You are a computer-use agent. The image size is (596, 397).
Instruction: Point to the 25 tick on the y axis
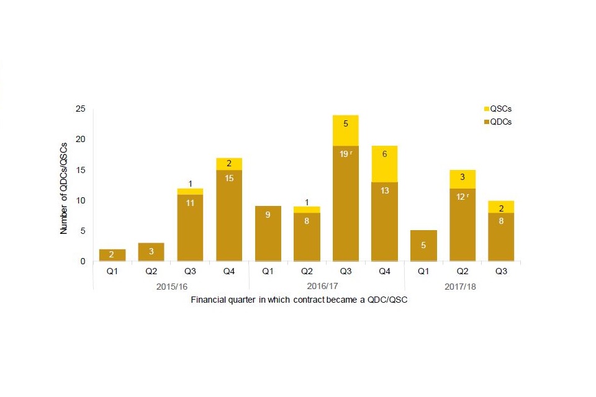tap(80, 109)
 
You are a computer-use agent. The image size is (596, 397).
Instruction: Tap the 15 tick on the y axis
tap(80, 170)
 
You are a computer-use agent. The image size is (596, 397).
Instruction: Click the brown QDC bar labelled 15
tap(228, 215)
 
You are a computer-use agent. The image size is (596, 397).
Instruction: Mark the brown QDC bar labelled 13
tap(384, 221)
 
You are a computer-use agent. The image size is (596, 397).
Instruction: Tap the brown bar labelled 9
tap(268, 234)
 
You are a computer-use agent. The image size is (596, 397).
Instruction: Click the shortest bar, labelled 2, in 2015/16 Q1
tap(112, 256)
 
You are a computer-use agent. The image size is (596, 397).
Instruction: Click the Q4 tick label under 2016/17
tap(384, 271)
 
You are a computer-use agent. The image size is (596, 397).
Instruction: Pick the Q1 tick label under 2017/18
tap(423, 271)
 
